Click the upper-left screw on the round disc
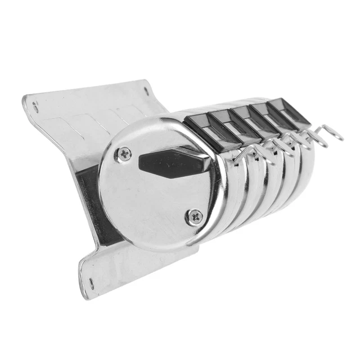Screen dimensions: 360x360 pos(123,153)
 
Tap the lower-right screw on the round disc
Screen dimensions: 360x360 pos(195,215)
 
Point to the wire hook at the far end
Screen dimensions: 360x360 pos(332,134)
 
